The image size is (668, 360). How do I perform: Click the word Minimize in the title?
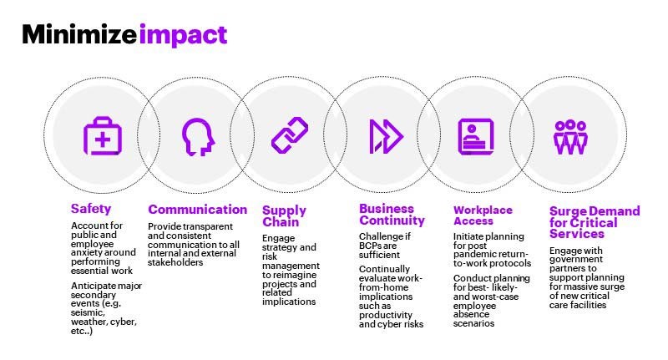[x=79, y=34]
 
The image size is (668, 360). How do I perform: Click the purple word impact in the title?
[x=183, y=36]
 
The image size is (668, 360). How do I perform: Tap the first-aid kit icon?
[x=102, y=136]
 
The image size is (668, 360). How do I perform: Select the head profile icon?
[x=198, y=137]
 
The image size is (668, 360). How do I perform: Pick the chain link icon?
[x=290, y=135]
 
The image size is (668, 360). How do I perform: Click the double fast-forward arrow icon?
[x=386, y=136]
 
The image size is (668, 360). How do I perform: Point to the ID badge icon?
[x=476, y=136]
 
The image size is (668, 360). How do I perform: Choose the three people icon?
[x=570, y=137]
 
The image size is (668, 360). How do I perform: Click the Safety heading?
[x=91, y=209]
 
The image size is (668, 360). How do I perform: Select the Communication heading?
[x=197, y=209]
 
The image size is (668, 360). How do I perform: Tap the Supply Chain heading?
[x=284, y=216]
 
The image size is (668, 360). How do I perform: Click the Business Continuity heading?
[x=392, y=215]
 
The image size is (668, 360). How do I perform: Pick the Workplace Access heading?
[x=483, y=215]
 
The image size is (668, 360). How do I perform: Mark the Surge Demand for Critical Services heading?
[x=595, y=222]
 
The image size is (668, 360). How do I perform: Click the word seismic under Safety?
[x=88, y=312]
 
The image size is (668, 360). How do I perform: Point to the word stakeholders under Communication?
[x=175, y=262]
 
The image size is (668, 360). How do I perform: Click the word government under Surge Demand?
[x=576, y=260]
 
